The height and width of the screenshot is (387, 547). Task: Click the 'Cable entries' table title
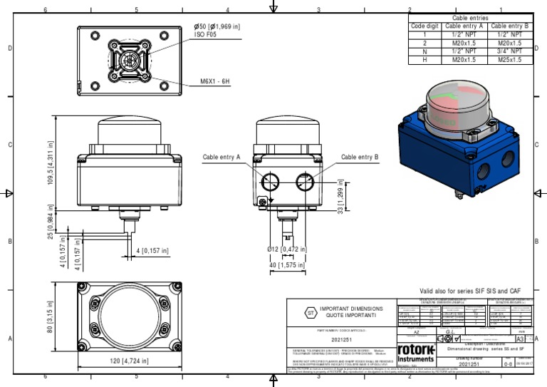(471, 18)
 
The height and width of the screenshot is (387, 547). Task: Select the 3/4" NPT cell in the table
(511, 51)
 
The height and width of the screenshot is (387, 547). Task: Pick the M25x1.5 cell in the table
(511, 60)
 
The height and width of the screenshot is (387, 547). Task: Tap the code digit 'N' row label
(424, 51)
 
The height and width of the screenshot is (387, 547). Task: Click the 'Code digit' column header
(424, 26)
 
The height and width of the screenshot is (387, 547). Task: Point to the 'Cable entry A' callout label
(222, 157)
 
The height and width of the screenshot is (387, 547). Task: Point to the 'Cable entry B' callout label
(360, 157)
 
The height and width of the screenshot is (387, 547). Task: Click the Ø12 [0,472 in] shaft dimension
(287, 249)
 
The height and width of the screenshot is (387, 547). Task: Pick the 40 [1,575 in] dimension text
(287, 265)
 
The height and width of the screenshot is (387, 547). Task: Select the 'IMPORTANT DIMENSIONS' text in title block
(350, 309)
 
